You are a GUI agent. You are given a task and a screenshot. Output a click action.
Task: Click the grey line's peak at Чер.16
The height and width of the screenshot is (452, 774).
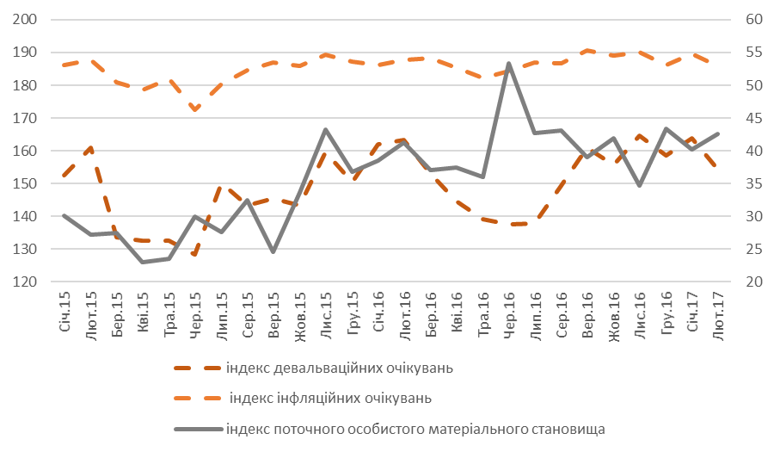[509, 63]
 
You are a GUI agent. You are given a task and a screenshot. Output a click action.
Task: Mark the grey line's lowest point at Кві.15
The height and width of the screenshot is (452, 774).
[143, 262]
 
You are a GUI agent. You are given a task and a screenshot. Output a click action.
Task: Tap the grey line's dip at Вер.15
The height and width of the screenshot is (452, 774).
[273, 251]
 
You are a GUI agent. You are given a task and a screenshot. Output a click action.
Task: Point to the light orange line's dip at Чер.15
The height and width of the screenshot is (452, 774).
[195, 109]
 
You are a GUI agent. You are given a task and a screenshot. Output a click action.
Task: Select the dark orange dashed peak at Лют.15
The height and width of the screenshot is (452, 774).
[90, 148]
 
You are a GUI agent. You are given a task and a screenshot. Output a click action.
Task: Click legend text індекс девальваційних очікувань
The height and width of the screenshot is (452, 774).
[340, 368]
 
